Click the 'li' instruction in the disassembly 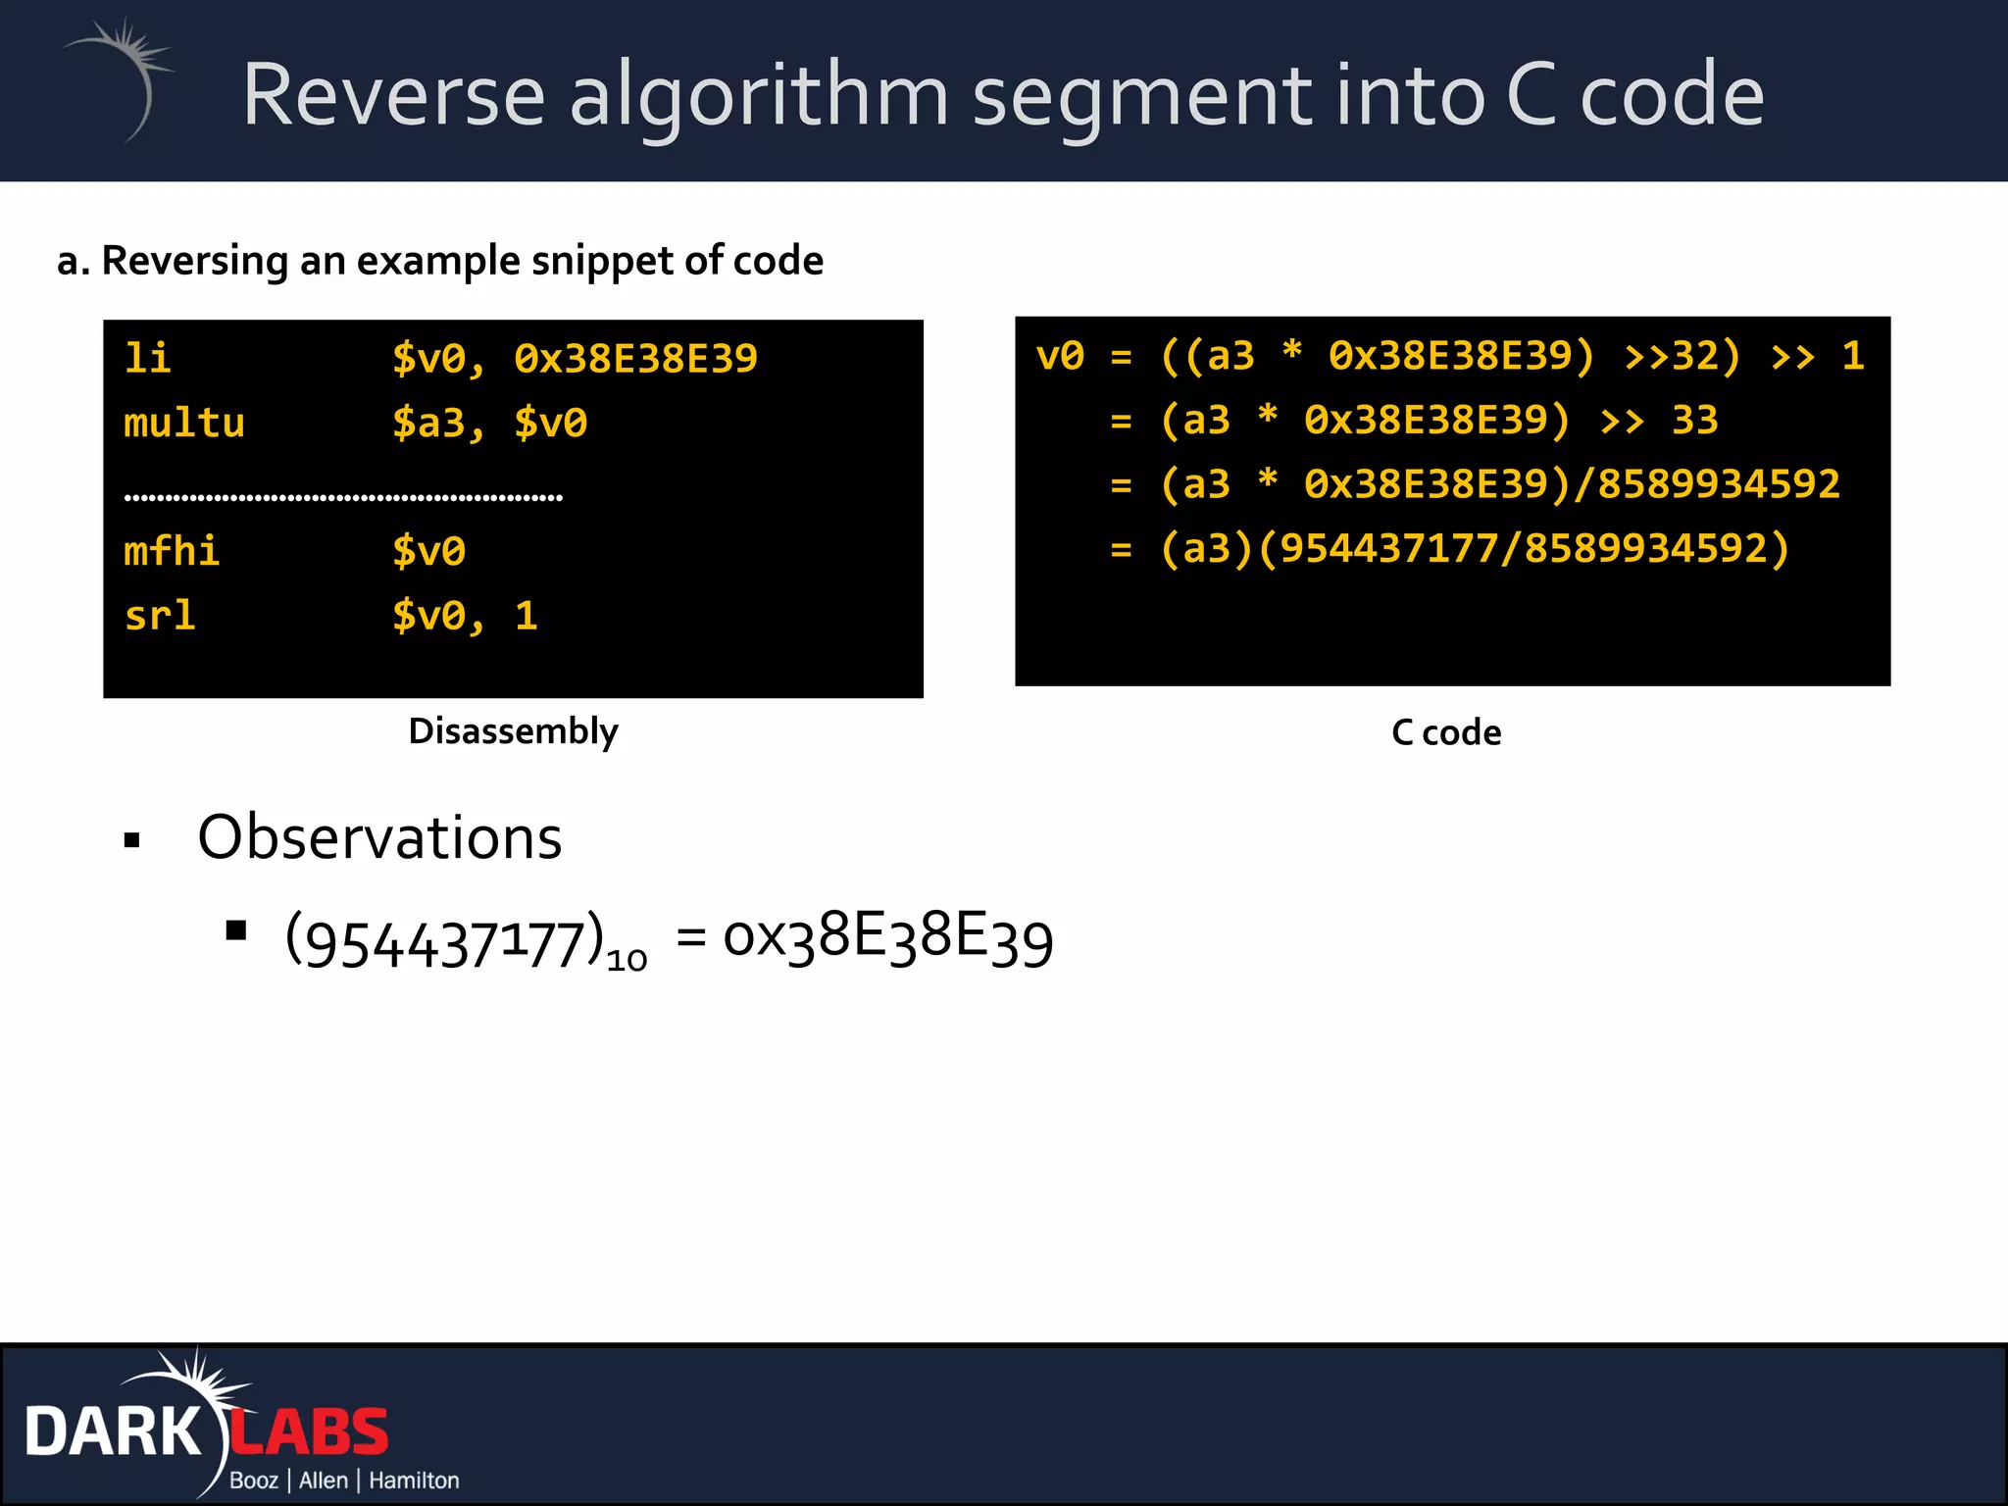(x=147, y=359)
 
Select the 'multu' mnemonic (x=184, y=424)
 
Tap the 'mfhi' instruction (x=172, y=552)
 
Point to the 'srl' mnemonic (x=160, y=617)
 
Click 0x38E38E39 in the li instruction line (x=635, y=359)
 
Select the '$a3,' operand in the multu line (x=438, y=424)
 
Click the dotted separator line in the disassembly (x=343, y=498)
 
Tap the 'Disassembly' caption (x=513, y=731)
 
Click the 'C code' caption (x=1446, y=733)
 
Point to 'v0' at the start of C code (x=1060, y=356)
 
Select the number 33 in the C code (x=1694, y=421)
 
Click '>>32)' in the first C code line (x=1682, y=356)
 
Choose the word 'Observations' (x=379, y=838)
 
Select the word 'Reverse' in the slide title (x=393, y=95)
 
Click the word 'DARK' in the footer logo (x=113, y=1432)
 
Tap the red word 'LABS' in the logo (x=310, y=1432)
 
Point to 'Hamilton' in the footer (x=414, y=1481)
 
